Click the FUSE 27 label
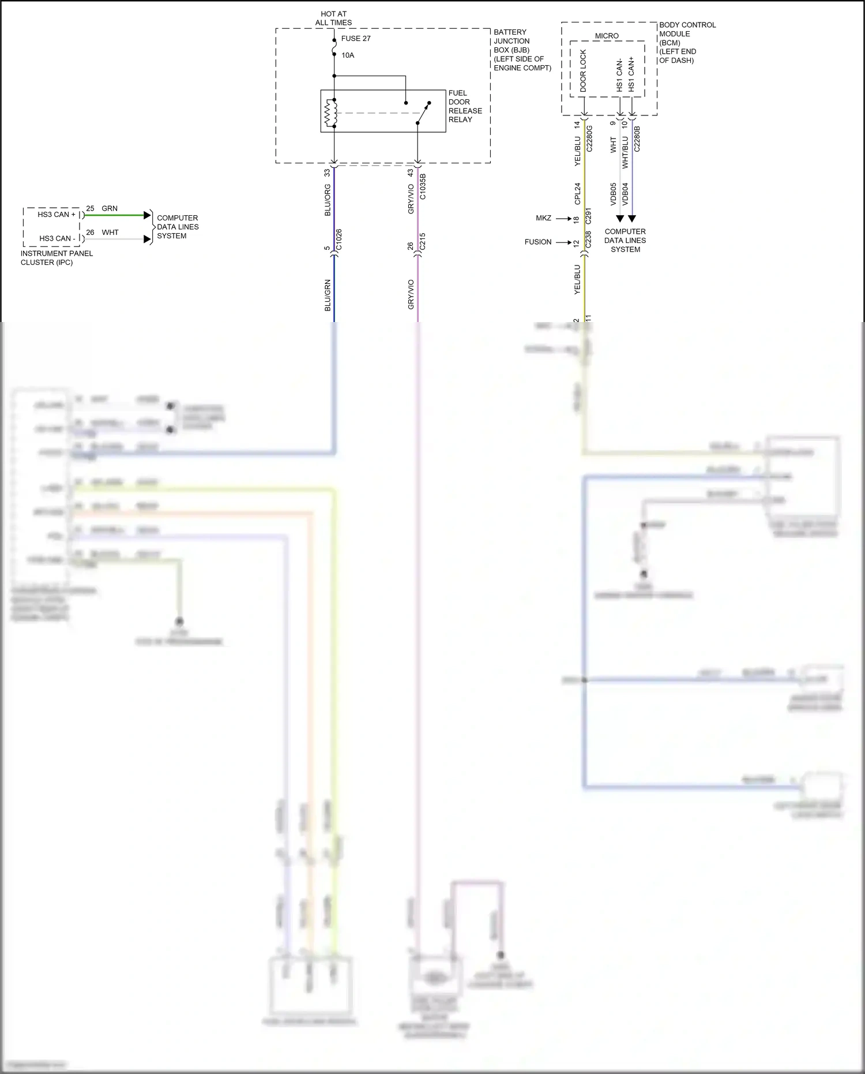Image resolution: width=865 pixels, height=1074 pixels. tap(355, 39)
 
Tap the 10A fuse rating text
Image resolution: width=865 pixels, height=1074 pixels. tap(348, 55)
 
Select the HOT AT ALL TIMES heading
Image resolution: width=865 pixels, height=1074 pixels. tap(333, 18)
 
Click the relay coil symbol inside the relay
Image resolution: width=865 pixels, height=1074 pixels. tap(330, 113)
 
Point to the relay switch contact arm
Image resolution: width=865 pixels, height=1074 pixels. tap(423, 114)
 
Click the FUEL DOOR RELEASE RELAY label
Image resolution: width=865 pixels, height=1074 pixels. tap(465, 106)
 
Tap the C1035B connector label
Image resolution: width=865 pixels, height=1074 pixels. tap(423, 186)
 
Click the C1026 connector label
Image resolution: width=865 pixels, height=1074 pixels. tap(339, 240)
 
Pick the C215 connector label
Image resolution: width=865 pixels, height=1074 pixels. tap(423, 241)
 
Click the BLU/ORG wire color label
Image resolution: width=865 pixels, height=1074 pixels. tap(328, 200)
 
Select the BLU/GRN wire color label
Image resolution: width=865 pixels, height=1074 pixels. tap(328, 295)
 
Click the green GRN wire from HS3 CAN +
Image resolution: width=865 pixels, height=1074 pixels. tap(115, 215)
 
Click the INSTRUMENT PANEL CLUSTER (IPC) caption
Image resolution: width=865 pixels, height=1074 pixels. tap(57, 258)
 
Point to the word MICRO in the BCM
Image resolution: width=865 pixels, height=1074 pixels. tap(607, 36)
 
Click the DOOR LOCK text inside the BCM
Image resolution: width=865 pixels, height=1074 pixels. tap(583, 71)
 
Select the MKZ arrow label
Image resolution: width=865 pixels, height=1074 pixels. tap(543, 218)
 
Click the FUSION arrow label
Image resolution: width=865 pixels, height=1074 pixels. tap(537, 242)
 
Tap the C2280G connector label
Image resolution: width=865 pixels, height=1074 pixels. tap(589, 139)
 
